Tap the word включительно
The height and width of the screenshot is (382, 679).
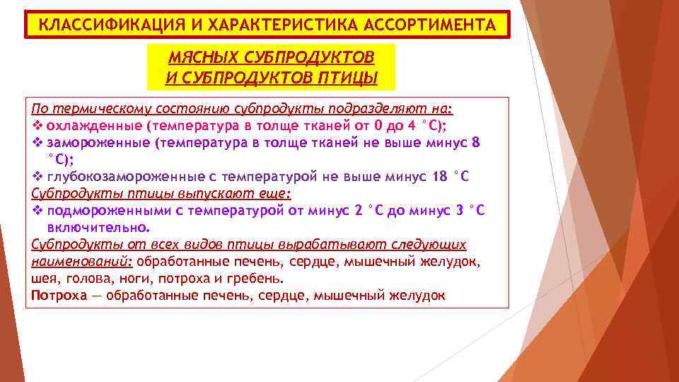[x=98, y=228]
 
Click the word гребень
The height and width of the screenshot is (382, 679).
[x=259, y=279]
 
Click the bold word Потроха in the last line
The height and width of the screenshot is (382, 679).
[x=58, y=296]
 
